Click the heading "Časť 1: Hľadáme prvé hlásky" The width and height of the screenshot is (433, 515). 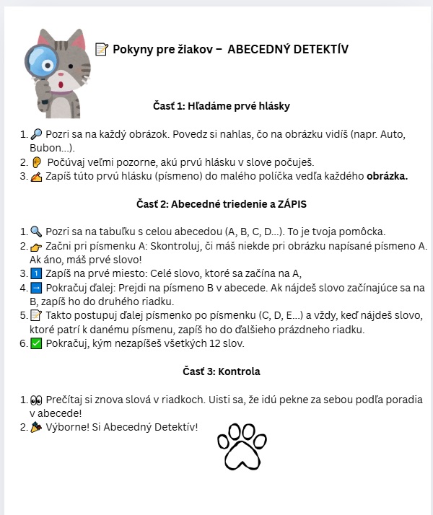coord(222,106)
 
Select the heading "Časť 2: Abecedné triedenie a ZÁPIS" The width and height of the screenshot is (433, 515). coord(222,204)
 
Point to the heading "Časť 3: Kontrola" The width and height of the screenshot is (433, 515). coord(222,371)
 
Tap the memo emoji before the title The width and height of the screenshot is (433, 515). coord(101,50)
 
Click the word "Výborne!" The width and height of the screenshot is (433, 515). coord(70,428)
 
